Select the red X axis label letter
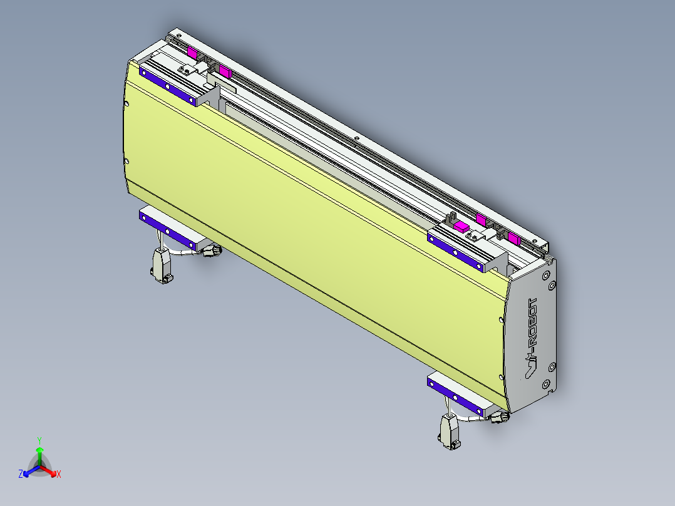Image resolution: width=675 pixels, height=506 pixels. (x=59, y=475)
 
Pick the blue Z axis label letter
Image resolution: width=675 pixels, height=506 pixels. (x=21, y=475)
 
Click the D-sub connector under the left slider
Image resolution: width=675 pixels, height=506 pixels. (x=162, y=266)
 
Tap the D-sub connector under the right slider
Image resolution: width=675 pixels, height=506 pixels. (x=450, y=431)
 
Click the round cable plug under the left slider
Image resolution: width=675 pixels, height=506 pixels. (x=212, y=251)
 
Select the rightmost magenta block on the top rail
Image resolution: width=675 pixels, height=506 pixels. (x=513, y=237)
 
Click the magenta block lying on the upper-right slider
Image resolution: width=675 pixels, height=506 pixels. (x=461, y=226)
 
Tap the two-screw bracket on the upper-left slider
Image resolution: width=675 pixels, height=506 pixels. (x=186, y=70)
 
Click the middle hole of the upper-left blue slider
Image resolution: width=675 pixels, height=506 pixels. (x=167, y=86)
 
